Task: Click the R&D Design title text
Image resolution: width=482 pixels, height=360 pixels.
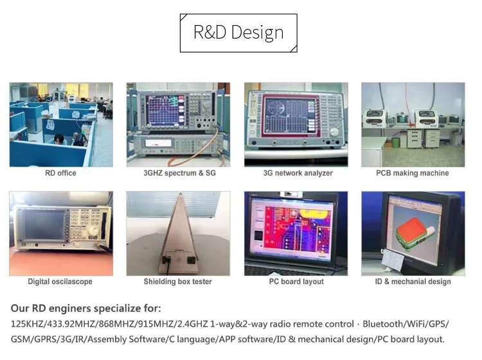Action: (x=238, y=33)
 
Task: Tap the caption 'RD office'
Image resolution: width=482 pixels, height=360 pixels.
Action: (x=61, y=173)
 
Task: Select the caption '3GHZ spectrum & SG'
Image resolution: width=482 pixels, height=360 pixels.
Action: (x=179, y=173)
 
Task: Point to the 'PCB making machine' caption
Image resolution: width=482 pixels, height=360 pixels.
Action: (x=413, y=173)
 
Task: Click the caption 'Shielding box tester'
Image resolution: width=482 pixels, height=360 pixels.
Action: (x=177, y=282)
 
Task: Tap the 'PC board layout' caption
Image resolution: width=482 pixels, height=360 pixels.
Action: (x=296, y=282)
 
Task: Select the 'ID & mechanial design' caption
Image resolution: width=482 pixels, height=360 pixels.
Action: (x=413, y=282)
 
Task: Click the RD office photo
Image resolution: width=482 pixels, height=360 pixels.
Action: (x=61, y=124)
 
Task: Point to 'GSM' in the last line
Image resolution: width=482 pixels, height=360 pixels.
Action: (x=21, y=339)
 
